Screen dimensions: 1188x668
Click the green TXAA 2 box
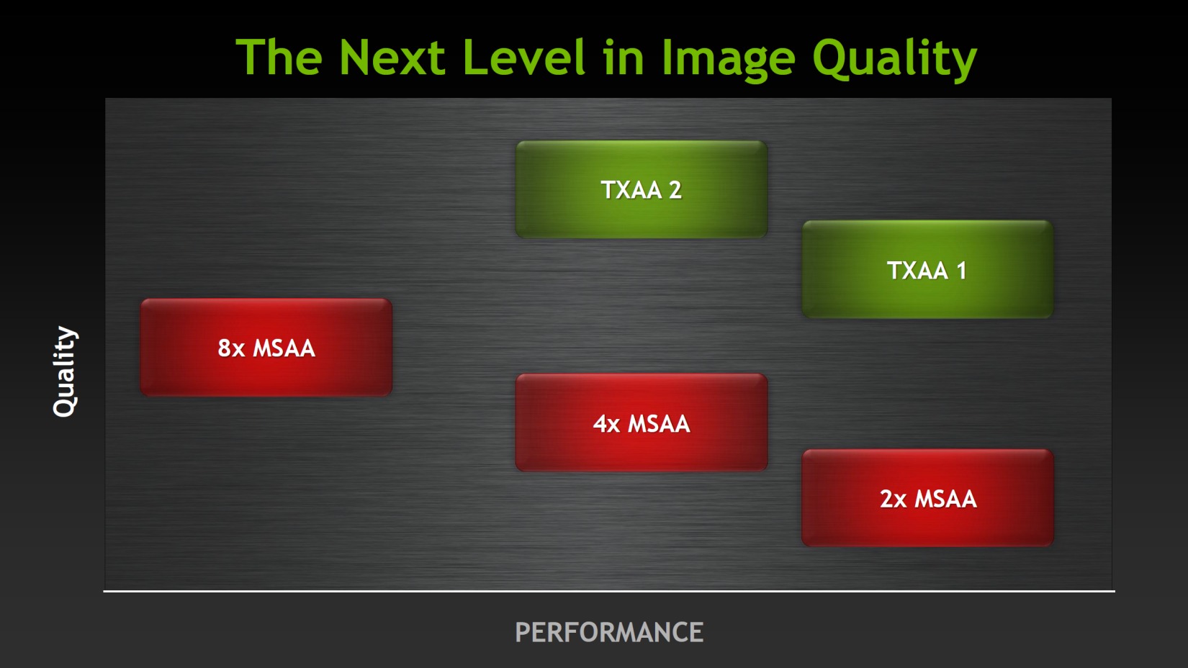tap(642, 189)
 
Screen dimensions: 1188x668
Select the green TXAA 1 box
tap(927, 269)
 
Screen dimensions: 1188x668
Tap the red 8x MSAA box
tap(266, 347)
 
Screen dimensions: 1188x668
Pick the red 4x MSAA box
tap(642, 423)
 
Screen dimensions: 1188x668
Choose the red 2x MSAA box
tap(927, 498)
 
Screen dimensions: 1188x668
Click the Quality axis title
tap(66, 371)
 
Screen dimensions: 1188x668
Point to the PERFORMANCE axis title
tap(609, 632)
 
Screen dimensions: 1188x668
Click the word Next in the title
tap(392, 58)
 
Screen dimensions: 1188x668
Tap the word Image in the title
tap(728, 59)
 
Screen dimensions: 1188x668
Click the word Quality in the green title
tap(894, 59)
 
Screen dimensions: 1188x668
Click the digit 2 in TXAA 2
tap(675, 190)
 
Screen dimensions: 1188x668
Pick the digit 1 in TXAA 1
tap(961, 271)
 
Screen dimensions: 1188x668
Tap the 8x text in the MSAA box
tap(231, 348)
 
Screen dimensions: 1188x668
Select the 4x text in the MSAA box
tap(607, 423)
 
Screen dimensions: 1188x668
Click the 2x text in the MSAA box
tap(893, 499)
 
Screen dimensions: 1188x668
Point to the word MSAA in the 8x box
tap(284, 348)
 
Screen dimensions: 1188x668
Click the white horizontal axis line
tap(609, 590)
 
